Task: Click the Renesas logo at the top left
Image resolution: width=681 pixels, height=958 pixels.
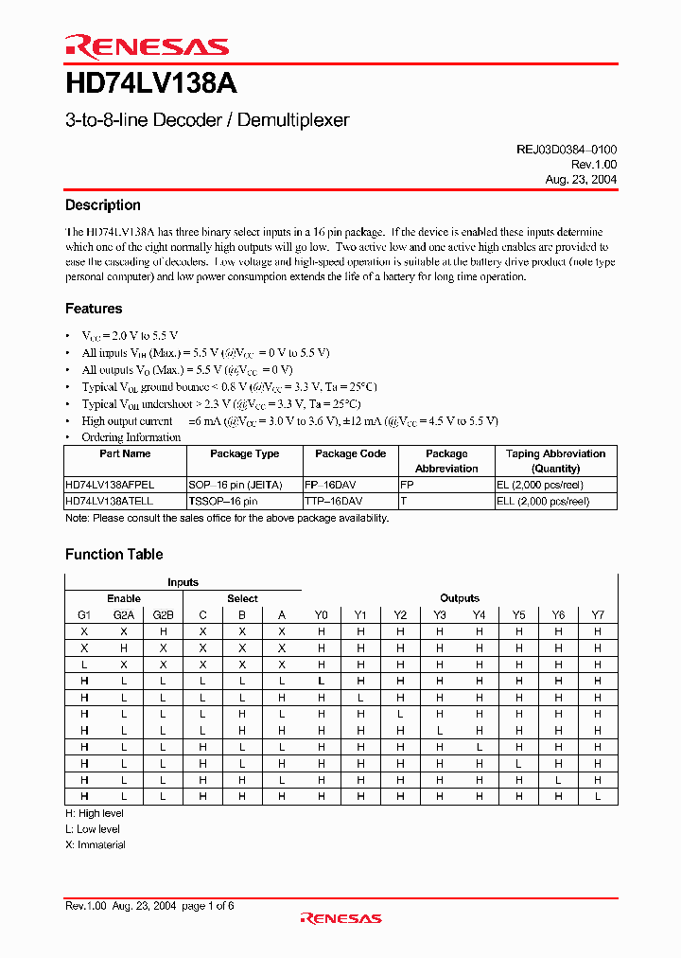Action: (147, 46)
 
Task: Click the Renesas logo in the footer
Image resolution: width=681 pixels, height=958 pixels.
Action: (340, 917)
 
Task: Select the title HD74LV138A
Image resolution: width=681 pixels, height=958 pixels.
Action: (150, 84)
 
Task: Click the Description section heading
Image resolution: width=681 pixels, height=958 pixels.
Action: (102, 205)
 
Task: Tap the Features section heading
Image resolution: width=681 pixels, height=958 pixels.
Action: (94, 309)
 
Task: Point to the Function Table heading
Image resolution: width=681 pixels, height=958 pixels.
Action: (113, 555)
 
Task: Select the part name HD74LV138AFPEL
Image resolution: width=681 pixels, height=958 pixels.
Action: (109, 484)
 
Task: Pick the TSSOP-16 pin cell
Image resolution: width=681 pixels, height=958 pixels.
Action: (222, 500)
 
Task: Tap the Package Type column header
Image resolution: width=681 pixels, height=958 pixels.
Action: (244, 454)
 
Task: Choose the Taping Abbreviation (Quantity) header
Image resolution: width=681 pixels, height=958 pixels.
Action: (555, 461)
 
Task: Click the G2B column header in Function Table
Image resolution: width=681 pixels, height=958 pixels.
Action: (163, 614)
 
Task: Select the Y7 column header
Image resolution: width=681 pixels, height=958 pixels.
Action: (597, 614)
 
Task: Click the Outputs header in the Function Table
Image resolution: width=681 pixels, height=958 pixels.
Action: (460, 598)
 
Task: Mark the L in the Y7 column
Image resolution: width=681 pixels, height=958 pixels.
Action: (597, 796)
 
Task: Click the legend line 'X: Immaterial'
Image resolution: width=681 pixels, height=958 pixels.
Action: (95, 844)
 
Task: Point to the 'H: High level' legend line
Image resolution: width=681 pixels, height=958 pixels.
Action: (94, 813)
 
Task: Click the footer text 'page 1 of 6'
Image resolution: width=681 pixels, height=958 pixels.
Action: (207, 906)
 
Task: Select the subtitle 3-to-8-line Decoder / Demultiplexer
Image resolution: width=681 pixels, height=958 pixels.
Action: (207, 120)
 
